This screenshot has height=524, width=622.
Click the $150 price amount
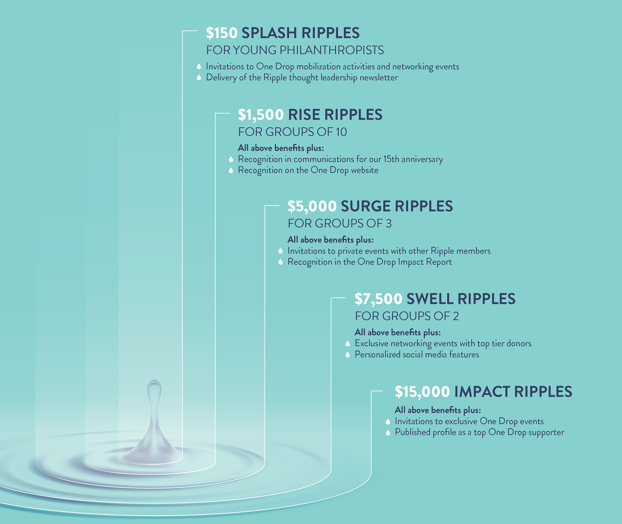222,33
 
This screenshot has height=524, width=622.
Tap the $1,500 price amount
261,114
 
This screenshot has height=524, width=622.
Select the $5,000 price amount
312,206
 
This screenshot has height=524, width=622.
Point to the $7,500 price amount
379,299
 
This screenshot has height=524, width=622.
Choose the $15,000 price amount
422,392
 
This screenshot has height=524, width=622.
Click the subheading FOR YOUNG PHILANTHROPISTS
295,50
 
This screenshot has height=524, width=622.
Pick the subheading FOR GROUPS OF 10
292,132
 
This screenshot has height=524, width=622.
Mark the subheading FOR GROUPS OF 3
339,223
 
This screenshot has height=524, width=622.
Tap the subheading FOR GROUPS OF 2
407,316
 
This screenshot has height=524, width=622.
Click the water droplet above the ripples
154,392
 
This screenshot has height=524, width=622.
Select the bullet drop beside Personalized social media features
348,354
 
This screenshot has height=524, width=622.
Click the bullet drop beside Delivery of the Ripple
199,77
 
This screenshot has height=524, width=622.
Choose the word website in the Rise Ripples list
364,170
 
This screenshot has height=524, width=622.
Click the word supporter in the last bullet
546,432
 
